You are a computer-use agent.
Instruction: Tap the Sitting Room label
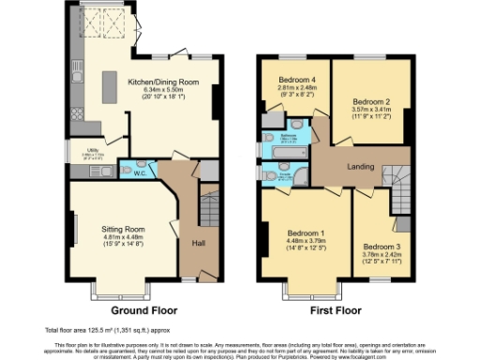pyautogui.click(x=123, y=229)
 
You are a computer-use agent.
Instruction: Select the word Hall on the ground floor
pyautogui.click(x=199, y=242)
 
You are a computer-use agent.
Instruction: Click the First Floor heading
pyautogui.click(x=334, y=310)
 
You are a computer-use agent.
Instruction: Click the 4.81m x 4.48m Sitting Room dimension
pyautogui.click(x=123, y=237)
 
